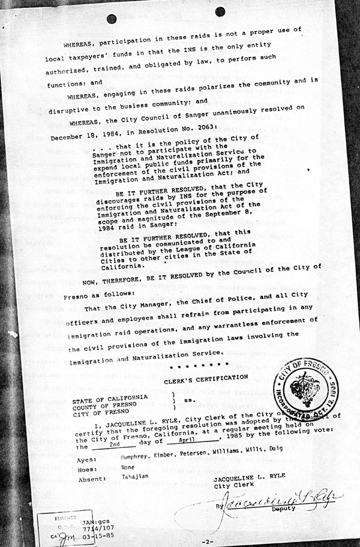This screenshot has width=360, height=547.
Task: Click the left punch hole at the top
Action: pos(112,19)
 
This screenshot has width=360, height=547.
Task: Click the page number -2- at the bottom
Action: pos(208,542)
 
